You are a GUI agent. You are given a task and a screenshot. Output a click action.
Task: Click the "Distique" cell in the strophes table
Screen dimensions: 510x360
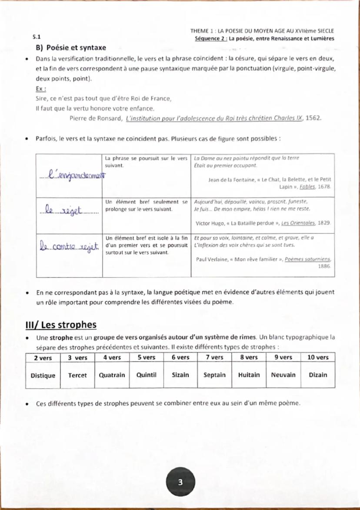(43, 375)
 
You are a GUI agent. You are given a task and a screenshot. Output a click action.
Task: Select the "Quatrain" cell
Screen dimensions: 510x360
(112, 375)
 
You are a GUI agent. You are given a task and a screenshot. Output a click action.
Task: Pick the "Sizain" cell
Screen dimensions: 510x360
(180, 375)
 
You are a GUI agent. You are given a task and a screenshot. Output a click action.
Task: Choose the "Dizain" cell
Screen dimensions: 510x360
(318, 375)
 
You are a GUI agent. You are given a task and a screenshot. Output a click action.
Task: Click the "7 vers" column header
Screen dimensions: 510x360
(214, 358)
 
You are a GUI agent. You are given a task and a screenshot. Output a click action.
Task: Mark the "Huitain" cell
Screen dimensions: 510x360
(249, 375)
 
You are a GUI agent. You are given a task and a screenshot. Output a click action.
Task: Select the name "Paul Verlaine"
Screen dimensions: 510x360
(214, 259)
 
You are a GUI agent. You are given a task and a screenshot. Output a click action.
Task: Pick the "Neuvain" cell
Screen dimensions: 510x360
(283, 375)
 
